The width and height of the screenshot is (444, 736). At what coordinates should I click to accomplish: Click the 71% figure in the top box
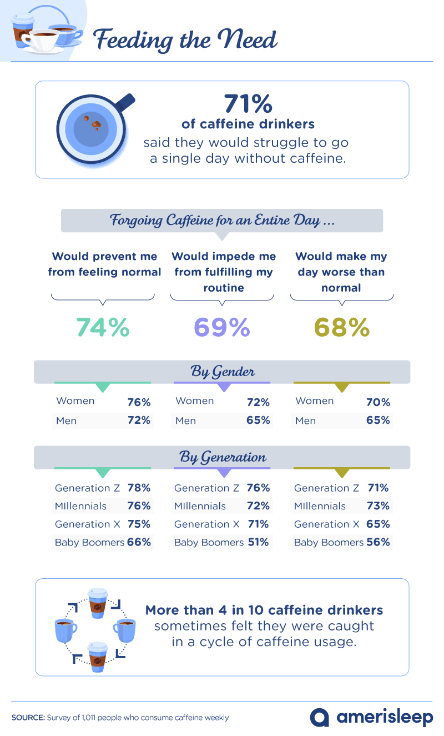point(248,104)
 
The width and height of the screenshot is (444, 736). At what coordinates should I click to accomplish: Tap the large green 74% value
point(103,327)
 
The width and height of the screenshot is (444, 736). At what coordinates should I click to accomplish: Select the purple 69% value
point(221,327)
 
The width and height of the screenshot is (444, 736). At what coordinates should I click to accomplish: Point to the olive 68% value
point(341,327)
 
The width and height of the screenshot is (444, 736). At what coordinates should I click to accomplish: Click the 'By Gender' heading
point(222,372)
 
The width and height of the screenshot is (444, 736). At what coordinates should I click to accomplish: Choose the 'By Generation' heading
point(222,457)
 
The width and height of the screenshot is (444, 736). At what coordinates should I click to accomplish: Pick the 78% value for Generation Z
point(139,488)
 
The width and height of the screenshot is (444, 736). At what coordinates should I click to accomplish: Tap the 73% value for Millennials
point(377,506)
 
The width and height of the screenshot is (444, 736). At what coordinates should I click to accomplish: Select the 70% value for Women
point(377,402)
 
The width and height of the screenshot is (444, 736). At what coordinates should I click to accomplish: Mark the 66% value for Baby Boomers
point(139,542)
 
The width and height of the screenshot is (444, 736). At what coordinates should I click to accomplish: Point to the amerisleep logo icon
point(320,717)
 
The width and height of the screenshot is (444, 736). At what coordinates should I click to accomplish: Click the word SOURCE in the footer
point(28,718)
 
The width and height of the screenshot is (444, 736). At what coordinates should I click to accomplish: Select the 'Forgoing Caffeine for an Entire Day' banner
point(222,220)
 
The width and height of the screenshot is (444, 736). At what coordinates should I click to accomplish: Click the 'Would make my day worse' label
point(341,272)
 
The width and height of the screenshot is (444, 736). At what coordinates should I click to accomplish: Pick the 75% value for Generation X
point(139,524)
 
